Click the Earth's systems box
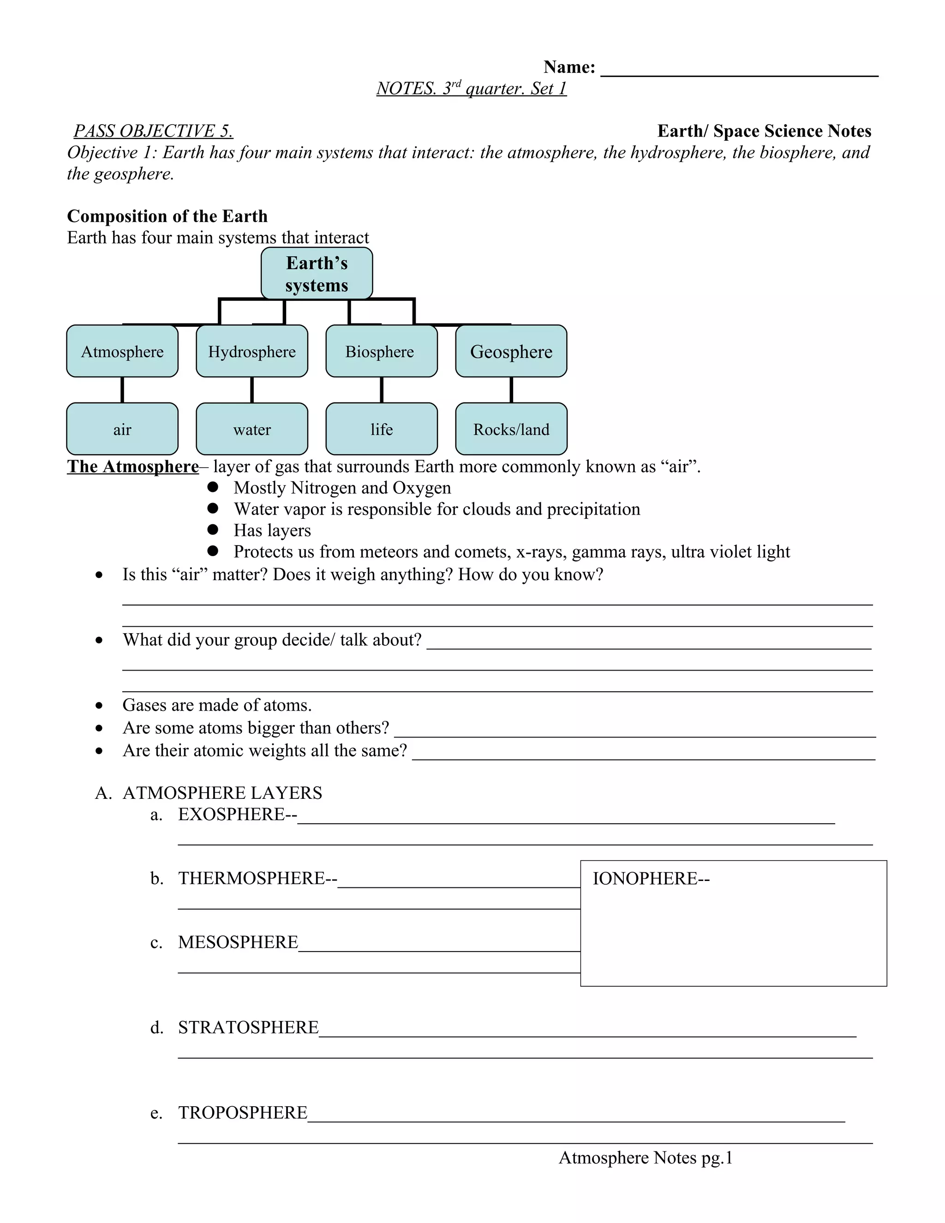click(317, 274)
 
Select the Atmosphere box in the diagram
click(122, 351)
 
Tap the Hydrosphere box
click(252, 351)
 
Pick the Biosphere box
click(381, 351)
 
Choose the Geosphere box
click(511, 351)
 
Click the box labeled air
click(122, 429)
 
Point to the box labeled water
click(252, 429)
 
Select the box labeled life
click(381, 429)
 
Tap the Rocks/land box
click(511, 429)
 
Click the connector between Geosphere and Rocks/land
click(511, 390)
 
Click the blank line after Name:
click(739, 70)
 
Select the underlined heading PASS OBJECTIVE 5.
click(153, 131)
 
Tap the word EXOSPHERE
click(231, 814)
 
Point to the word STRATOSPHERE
click(248, 1027)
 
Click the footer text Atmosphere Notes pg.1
click(646, 1157)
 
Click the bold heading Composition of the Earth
click(167, 216)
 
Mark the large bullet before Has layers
click(213, 529)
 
